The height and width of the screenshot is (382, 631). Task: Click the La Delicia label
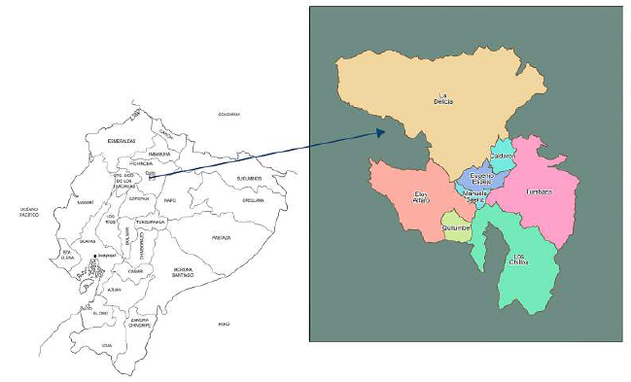pyautogui.click(x=447, y=98)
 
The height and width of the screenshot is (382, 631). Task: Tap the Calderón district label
pyautogui.click(x=503, y=156)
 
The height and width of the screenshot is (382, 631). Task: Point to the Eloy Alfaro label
pyautogui.click(x=420, y=197)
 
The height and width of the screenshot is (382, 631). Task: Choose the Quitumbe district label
pyautogui.click(x=455, y=227)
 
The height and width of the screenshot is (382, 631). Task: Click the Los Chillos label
pyautogui.click(x=521, y=260)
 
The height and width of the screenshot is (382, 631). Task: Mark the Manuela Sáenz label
pyautogui.click(x=476, y=196)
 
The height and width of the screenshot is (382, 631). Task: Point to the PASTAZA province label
pyautogui.click(x=222, y=236)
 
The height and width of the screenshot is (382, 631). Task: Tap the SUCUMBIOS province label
pyautogui.click(x=248, y=178)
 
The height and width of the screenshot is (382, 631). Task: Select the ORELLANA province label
pyautogui.click(x=253, y=200)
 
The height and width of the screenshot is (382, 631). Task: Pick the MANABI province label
pyautogui.click(x=86, y=202)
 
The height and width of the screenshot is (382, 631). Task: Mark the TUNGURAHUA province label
pyautogui.click(x=151, y=222)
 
